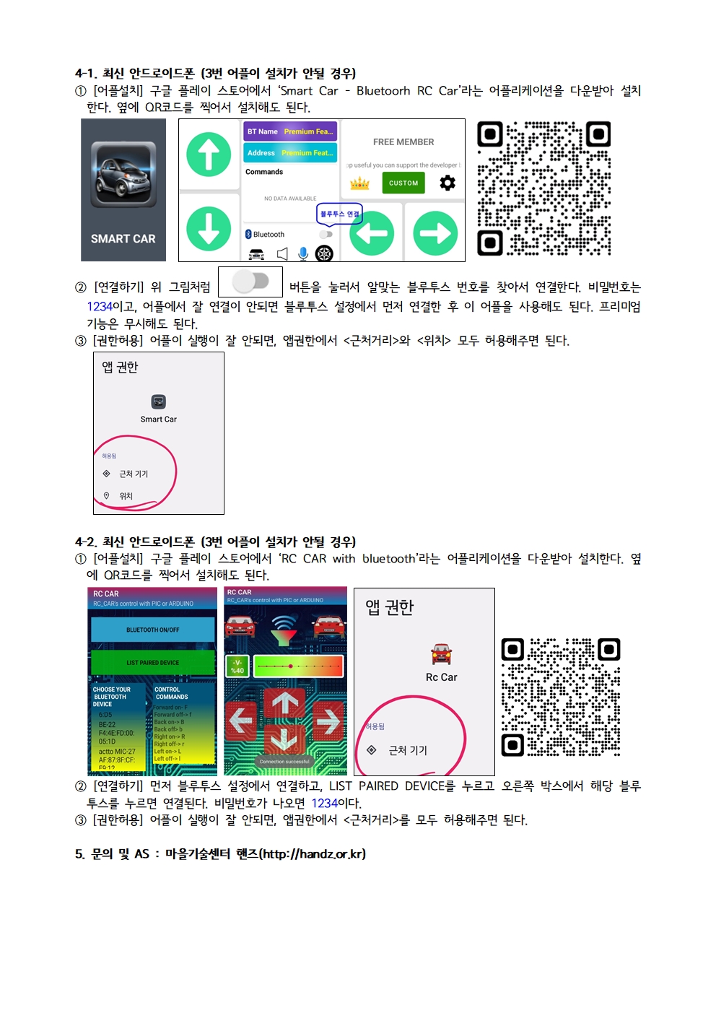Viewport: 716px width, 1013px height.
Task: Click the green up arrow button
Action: click(x=209, y=155)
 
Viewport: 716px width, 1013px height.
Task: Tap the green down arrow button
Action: click(x=209, y=228)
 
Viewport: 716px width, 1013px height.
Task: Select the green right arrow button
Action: click(x=435, y=233)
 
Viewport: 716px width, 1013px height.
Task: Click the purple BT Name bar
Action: click(x=290, y=131)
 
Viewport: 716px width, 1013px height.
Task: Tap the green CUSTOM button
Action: click(x=403, y=183)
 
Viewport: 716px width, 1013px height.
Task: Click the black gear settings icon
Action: click(x=447, y=183)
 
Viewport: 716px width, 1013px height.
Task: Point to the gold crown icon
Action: click(x=359, y=183)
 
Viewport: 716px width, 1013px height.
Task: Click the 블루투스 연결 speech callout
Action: click(x=339, y=214)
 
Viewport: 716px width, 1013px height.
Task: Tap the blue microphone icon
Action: click(x=303, y=253)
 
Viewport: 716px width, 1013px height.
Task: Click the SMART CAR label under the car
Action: click(x=123, y=238)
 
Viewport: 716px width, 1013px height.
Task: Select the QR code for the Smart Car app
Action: click(x=544, y=188)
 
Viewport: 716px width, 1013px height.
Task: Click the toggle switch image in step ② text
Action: click(x=250, y=281)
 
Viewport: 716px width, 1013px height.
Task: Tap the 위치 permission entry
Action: click(x=126, y=496)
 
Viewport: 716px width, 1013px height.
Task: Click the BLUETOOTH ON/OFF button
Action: click(x=153, y=630)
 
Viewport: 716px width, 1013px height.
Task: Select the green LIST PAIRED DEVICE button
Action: click(x=153, y=662)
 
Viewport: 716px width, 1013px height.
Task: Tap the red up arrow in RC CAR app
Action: click(x=284, y=702)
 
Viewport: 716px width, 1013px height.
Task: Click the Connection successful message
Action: click(x=284, y=761)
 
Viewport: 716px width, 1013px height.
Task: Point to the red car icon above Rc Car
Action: click(x=441, y=653)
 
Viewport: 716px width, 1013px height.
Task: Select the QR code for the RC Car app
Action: click(x=561, y=697)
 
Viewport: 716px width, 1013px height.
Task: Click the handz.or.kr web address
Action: click(x=313, y=853)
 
